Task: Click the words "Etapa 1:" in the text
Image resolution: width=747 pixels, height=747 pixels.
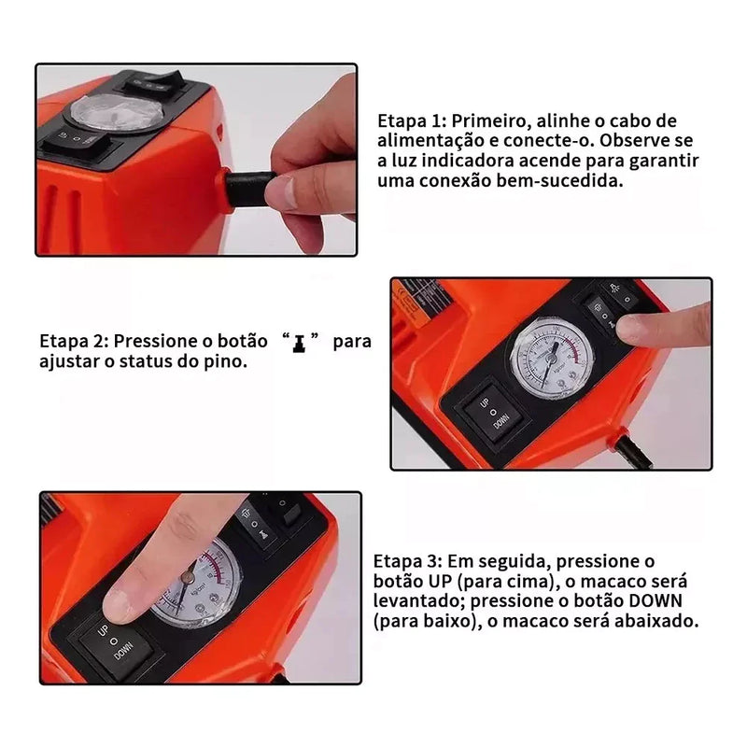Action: [412, 121]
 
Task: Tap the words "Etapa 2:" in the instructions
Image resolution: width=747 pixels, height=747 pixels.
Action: [75, 341]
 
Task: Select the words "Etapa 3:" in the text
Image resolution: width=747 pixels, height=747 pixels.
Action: [408, 561]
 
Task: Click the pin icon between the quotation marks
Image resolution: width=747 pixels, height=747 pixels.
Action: [299, 344]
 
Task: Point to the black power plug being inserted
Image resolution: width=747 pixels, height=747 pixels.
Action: [248, 189]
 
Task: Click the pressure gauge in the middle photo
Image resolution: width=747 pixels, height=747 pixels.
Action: [552, 358]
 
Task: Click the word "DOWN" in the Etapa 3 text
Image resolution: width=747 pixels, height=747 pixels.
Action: [655, 601]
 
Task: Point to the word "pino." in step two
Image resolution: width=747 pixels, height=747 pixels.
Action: [225, 361]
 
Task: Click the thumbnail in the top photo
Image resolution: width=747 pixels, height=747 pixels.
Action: [281, 192]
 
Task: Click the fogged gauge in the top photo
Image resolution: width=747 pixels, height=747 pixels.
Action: [118, 112]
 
